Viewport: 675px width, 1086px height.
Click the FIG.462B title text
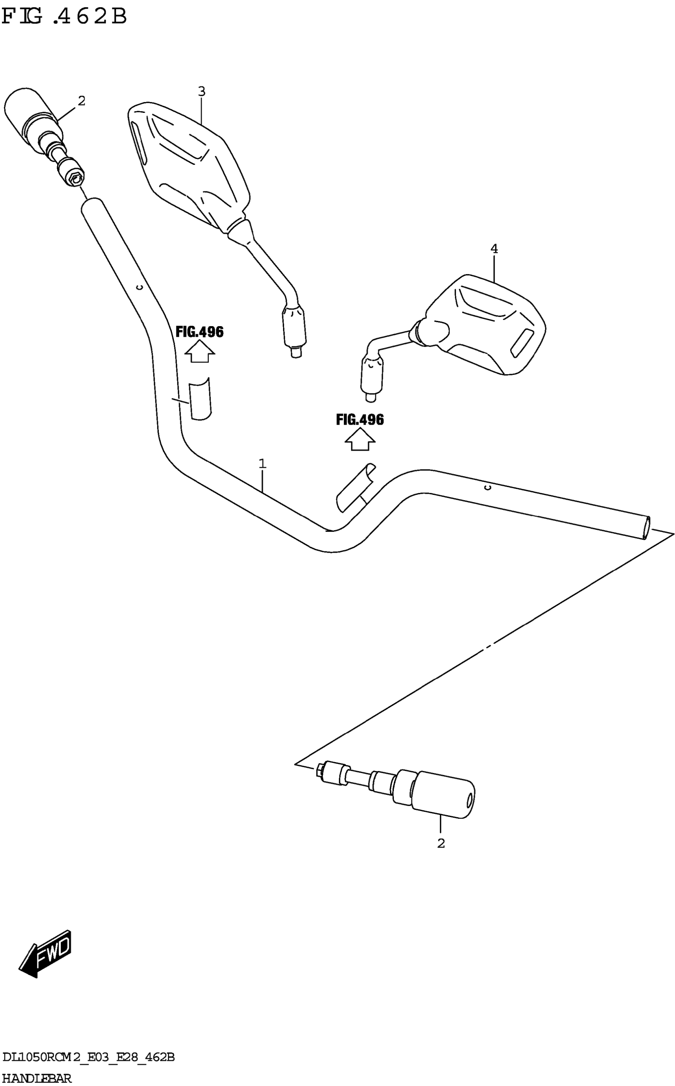pos(64,17)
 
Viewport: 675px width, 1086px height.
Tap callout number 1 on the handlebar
pos(262,464)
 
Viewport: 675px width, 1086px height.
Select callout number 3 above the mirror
pos(201,91)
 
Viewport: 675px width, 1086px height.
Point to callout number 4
pos(494,249)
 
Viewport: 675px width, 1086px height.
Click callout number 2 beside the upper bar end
pos(81,101)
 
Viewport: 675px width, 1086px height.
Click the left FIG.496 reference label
pos(200,332)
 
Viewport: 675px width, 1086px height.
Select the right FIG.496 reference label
pos(360,420)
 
